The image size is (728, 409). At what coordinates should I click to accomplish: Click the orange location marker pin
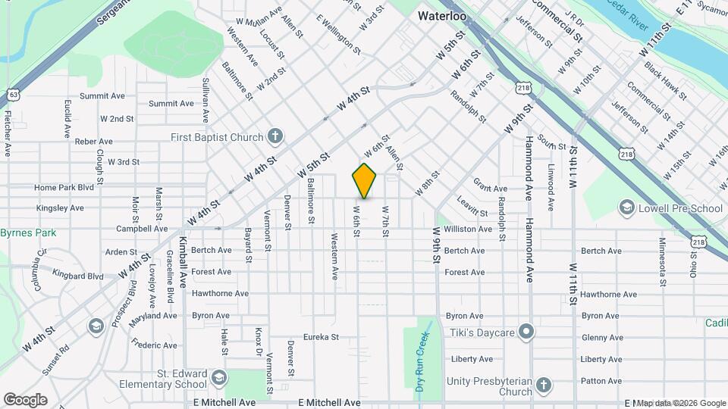(365, 181)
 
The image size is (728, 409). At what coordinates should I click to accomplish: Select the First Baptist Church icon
(276, 137)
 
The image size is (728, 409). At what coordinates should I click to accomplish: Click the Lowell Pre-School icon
(627, 207)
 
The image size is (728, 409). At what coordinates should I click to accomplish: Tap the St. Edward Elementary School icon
(218, 377)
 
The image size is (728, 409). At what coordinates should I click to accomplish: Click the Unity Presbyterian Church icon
(543, 386)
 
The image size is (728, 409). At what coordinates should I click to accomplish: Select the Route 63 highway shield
(13, 95)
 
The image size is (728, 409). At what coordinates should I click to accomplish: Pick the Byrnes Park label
(28, 233)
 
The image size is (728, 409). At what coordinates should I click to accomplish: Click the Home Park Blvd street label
(64, 187)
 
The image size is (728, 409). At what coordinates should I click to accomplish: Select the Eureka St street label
(320, 337)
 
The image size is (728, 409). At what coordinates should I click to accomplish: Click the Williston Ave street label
(468, 229)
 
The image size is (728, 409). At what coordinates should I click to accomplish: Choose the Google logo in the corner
(25, 399)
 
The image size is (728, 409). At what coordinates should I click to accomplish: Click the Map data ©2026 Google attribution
(680, 403)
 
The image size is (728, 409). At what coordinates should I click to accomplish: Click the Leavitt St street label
(472, 207)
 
